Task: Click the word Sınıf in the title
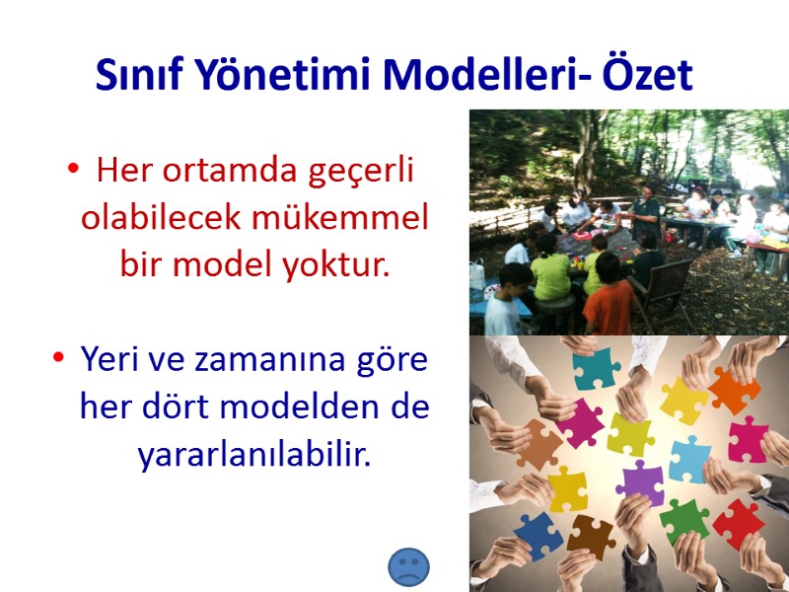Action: coord(140,75)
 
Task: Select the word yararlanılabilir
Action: coord(255,454)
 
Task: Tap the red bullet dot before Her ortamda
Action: coord(73,172)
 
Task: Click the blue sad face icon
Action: coord(408,567)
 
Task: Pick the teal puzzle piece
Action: coord(597,368)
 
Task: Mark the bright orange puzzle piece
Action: coord(734,389)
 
